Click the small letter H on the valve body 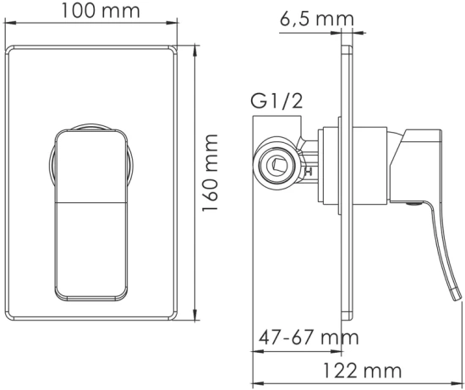[x=308, y=173]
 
